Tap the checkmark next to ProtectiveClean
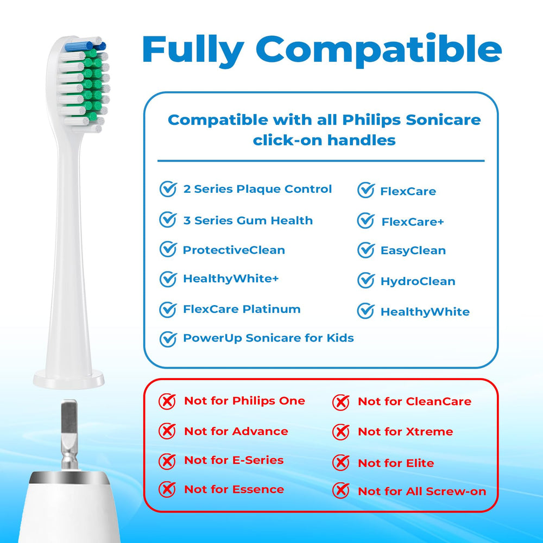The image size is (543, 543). coord(168,250)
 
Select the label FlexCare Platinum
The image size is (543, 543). coord(242,309)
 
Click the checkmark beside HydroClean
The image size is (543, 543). coord(366,281)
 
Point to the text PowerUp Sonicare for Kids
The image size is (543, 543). coord(268,338)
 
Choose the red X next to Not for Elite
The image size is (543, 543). coord(340,463)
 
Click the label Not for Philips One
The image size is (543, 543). coord(244,401)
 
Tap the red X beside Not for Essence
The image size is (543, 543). coord(167,489)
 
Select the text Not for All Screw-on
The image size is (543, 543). coord(422,491)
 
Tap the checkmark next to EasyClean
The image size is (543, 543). coord(366,250)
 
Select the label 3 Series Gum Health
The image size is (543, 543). coord(248,220)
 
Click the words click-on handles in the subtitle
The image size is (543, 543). coord(324,140)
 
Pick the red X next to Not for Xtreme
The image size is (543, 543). coord(340,432)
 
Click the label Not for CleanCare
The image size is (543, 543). coord(414,401)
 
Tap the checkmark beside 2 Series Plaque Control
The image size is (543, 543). coord(168,189)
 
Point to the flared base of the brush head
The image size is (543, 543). coord(68,377)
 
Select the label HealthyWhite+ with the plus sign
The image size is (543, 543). coord(231,279)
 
